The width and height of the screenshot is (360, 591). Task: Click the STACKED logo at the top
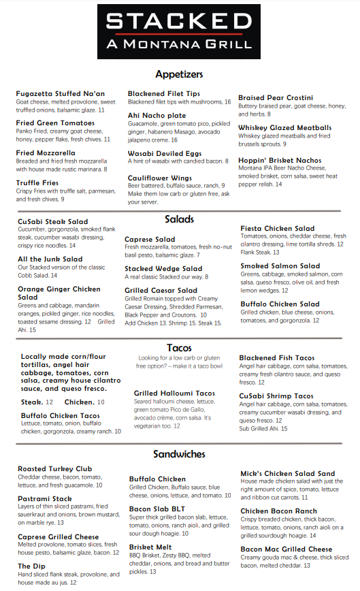click(x=179, y=22)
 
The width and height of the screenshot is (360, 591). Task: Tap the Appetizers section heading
click(x=180, y=74)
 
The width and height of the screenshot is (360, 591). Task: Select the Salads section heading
click(x=180, y=219)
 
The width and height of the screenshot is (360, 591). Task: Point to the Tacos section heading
click(x=179, y=348)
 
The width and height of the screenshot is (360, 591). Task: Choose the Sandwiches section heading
click(x=179, y=453)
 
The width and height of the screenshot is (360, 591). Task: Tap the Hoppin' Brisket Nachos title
click(x=280, y=161)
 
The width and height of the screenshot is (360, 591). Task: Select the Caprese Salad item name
click(x=150, y=240)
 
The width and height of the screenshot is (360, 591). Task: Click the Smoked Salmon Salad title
click(x=280, y=266)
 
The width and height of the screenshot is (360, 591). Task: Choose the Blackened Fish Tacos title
click(x=276, y=357)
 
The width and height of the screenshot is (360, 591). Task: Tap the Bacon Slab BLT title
click(x=157, y=508)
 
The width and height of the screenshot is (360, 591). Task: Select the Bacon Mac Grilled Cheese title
click(x=287, y=549)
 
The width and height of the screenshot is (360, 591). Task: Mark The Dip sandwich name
click(x=33, y=566)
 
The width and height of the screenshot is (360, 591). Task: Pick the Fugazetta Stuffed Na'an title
click(x=60, y=93)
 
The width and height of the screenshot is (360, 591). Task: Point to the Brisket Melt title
click(x=151, y=547)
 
